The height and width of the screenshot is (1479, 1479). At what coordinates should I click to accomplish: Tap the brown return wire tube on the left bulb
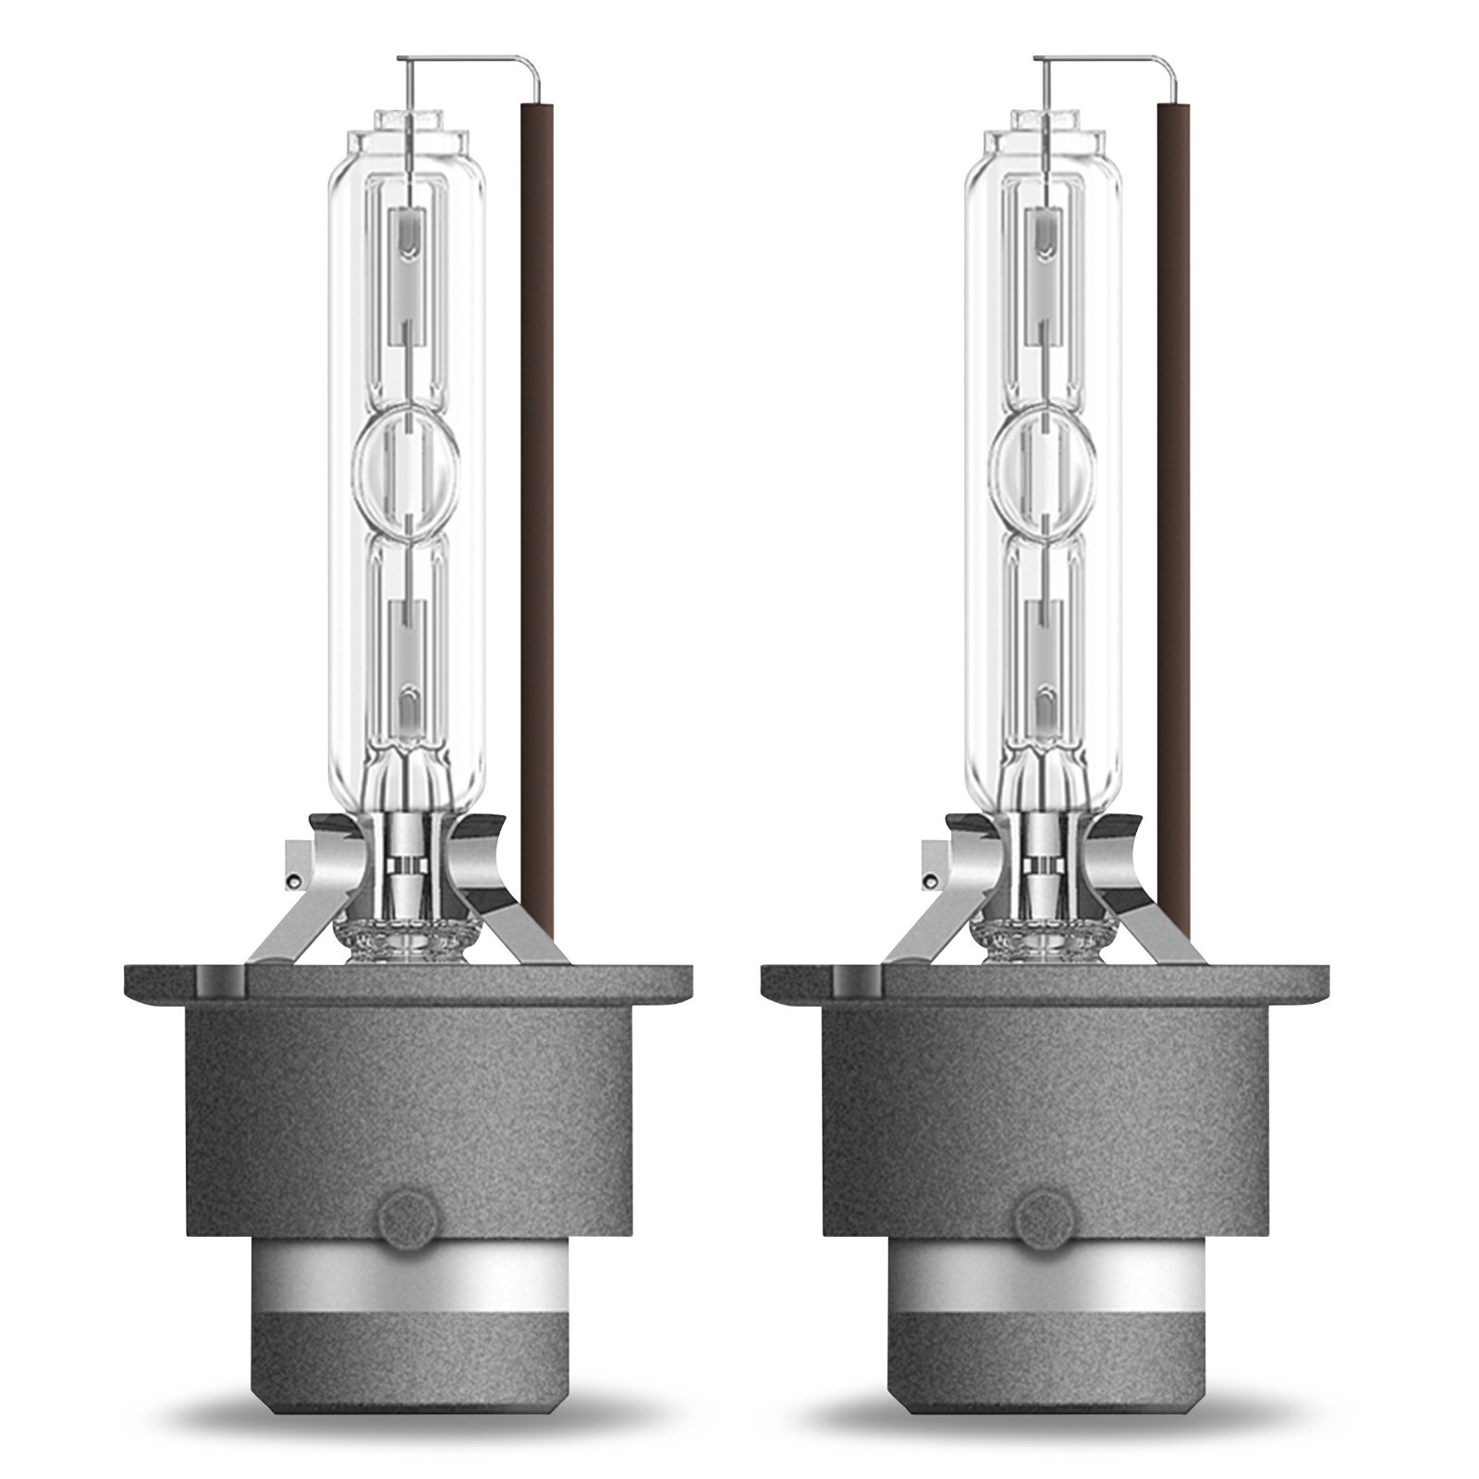point(537,462)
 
